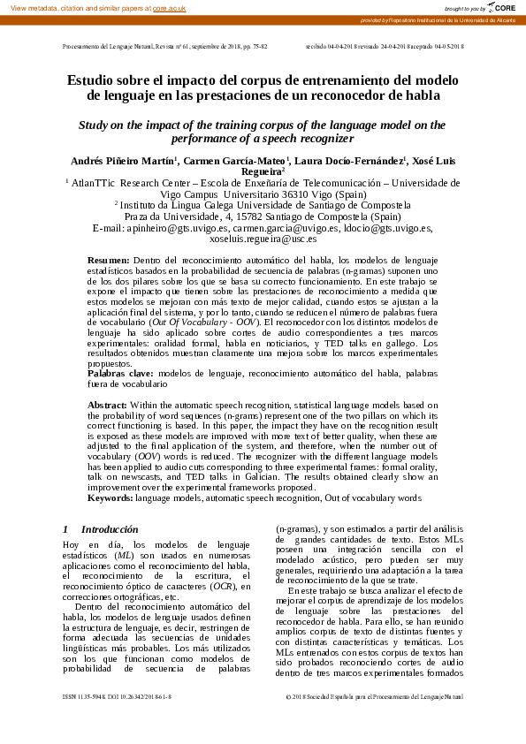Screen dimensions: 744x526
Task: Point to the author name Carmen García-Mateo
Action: tap(237, 160)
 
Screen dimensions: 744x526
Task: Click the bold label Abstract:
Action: tap(108, 404)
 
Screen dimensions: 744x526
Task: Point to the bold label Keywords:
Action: tap(110, 498)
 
